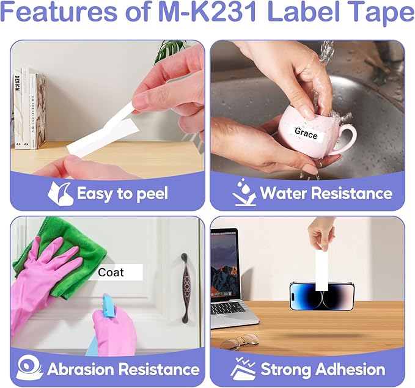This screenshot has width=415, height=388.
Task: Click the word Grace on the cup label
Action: tap(306, 133)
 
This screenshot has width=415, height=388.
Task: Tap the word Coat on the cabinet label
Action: tap(111, 273)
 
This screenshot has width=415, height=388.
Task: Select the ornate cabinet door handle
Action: tap(186, 288)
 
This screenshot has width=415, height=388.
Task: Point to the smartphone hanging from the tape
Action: tap(322, 296)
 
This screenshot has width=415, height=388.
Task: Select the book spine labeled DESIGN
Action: tap(17, 109)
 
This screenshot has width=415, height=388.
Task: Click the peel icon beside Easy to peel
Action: tap(61, 194)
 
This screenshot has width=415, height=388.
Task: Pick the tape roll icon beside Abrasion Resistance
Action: tap(29, 367)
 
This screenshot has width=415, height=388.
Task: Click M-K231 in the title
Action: tap(207, 12)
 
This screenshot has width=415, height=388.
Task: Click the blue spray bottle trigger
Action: tap(109, 306)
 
